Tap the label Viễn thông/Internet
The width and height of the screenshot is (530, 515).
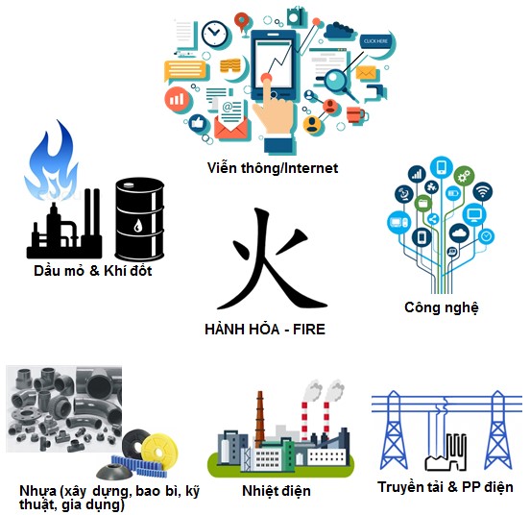pos(273,168)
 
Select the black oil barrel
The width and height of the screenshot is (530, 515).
pos(139,219)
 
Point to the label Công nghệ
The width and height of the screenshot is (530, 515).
pos(442,307)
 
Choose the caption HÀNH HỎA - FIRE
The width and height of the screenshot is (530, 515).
pos(265,329)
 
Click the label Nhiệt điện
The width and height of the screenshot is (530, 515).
pos(277,491)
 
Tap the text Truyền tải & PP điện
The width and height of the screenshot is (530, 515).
pos(446,487)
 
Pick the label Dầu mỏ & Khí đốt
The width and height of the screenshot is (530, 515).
pos(92,271)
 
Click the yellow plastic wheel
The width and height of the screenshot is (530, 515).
pos(158,449)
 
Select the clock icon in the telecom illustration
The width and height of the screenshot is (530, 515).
pos(215,34)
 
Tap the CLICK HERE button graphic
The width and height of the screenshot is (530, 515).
pos(375,41)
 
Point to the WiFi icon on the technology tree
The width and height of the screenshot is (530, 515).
pos(482,192)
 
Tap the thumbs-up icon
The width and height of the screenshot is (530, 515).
pos(198,123)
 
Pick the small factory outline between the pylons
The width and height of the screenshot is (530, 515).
pos(446,454)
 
